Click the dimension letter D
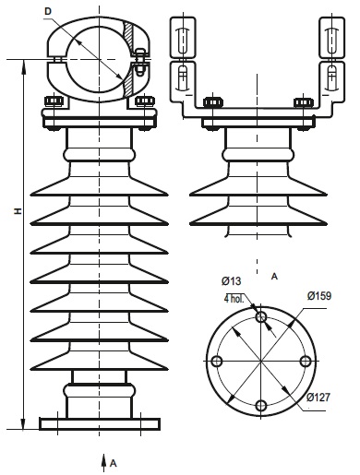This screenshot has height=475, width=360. click(x=48, y=11)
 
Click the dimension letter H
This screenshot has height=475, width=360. click(x=18, y=211)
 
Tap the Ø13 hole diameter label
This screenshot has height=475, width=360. click(x=232, y=280)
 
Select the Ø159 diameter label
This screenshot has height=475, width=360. click(x=319, y=296)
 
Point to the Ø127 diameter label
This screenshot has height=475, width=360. click(x=318, y=398)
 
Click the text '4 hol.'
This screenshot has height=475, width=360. click(x=234, y=299)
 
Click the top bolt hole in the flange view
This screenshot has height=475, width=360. click(x=261, y=316)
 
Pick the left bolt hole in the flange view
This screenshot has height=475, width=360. click(x=217, y=361)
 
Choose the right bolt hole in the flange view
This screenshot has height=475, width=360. click(x=305, y=361)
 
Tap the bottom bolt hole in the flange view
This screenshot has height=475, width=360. click(x=261, y=406)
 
